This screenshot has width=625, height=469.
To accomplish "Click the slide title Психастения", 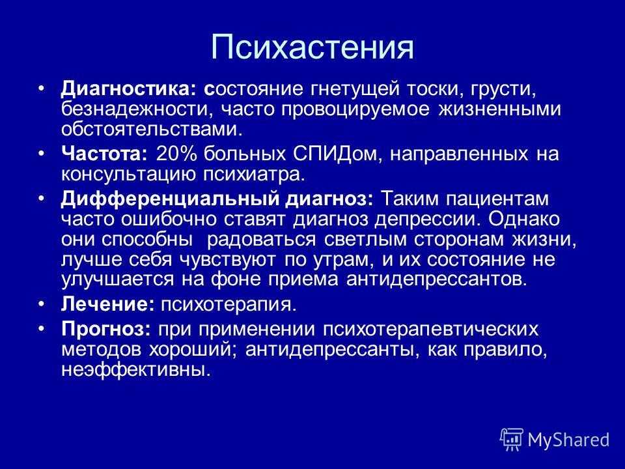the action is pos(312,47).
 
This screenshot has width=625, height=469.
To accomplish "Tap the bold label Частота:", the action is pos(104,154).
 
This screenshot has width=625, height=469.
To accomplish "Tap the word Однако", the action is pos(524,219).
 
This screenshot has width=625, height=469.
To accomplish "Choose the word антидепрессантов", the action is pos(437,279).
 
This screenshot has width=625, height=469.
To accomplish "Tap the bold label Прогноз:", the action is pos(106,330).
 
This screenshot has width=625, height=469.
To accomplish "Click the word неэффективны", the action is pos(136,370).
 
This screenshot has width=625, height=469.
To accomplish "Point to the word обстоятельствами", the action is pos(152,129).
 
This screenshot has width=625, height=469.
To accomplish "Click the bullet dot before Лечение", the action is pos(42,304).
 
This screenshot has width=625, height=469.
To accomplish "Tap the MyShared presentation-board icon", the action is pos(512,440).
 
